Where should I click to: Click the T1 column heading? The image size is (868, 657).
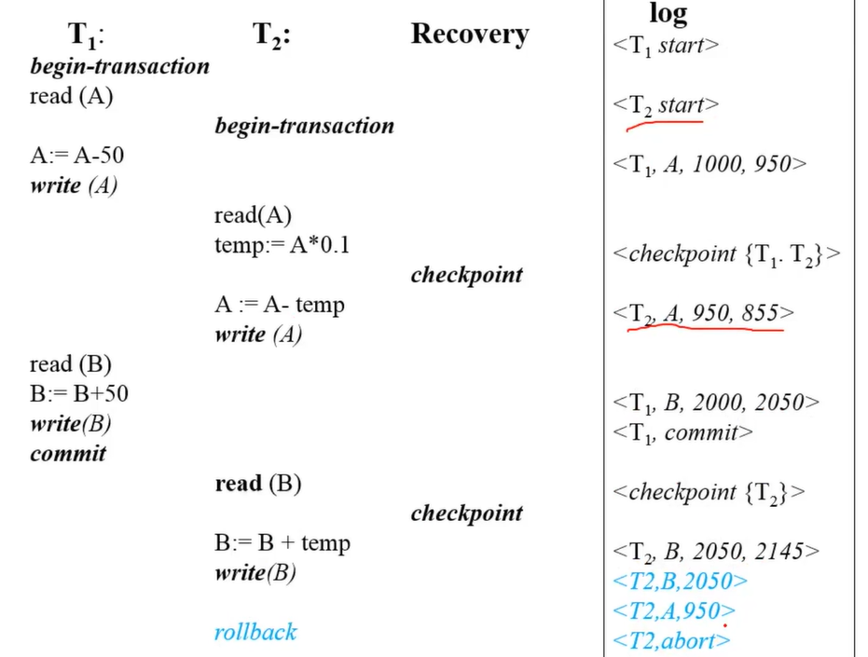tap(86, 35)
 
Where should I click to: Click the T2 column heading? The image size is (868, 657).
tap(272, 35)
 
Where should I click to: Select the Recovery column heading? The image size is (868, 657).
tap(469, 34)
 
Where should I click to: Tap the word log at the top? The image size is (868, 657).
tap(668, 13)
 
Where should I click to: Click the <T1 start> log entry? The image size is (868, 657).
tap(666, 46)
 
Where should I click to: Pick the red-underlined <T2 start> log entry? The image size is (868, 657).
tap(666, 105)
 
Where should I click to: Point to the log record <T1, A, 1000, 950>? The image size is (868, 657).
tap(710, 164)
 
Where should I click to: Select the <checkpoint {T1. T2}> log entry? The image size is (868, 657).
tap(726, 253)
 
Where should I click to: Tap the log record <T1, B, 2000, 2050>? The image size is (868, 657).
tap(716, 403)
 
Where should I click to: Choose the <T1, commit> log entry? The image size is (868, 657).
tap(682, 432)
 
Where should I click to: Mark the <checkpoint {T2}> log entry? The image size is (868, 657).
tap(709, 492)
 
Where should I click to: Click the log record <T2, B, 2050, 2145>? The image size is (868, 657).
tap(716, 552)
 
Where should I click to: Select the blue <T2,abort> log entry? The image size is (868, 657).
tap(671, 640)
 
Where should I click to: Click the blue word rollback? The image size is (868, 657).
tap(255, 632)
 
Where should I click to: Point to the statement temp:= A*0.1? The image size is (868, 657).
tap(282, 246)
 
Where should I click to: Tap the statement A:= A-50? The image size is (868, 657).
tap(76, 156)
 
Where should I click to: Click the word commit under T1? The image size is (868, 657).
tap(68, 454)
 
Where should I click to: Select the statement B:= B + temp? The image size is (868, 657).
tap(282, 543)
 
